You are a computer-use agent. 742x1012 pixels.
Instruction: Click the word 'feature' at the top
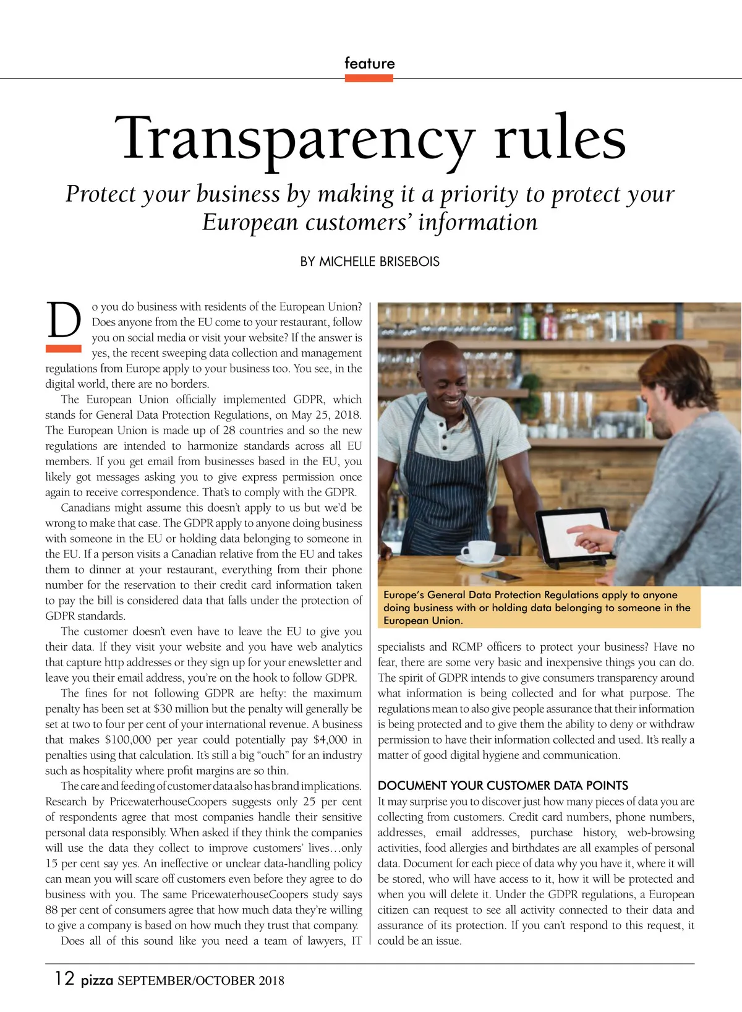(369, 63)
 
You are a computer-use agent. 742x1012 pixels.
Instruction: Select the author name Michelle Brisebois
(370, 262)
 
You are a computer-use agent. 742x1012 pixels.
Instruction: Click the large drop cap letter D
(64, 321)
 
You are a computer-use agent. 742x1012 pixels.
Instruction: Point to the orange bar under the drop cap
(64, 348)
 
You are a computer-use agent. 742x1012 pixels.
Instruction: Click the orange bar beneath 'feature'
(369, 79)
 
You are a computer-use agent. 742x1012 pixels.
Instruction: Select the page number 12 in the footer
(64, 978)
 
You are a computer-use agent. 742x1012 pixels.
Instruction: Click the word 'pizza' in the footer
(96, 980)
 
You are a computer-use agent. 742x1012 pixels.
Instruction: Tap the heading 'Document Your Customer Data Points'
(503, 786)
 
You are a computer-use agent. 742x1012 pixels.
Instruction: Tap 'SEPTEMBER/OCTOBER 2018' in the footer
(201, 980)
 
